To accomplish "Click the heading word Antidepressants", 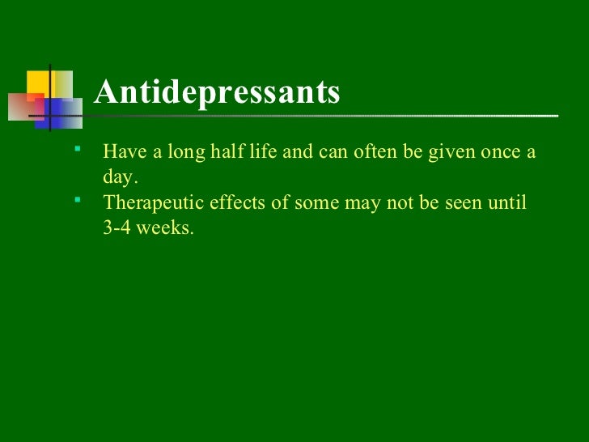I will click(x=217, y=92).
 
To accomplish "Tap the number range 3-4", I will click(x=118, y=227).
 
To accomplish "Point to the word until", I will click(x=508, y=202).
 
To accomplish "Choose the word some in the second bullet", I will click(x=316, y=202).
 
